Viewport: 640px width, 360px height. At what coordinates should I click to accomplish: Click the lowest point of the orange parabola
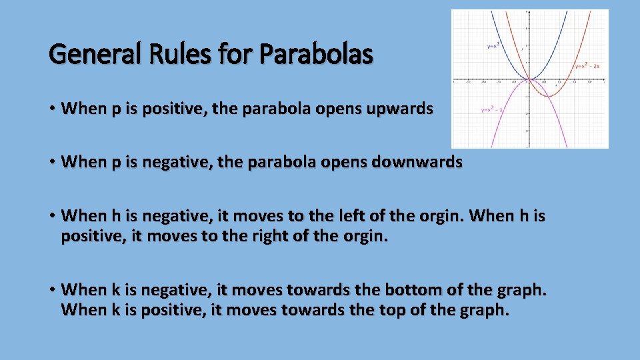point(549,97)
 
